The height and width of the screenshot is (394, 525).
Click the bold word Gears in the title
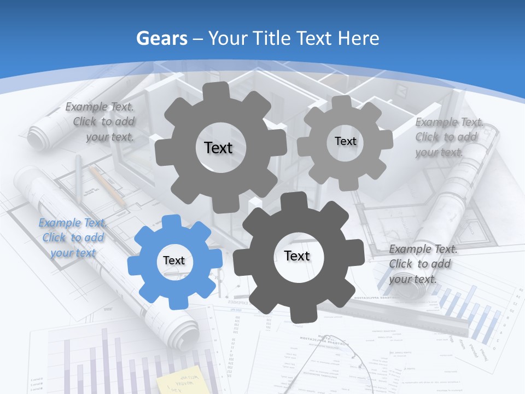pyautogui.click(x=162, y=38)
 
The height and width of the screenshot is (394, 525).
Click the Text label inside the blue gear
pyautogui.click(x=174, y=260)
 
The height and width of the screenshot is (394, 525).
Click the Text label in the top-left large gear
pyautogui.click(x=218, y=148)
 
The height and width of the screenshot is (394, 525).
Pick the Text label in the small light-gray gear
pyautogui.click(x=345, y=141)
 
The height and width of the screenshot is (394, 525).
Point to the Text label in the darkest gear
pyautogui.click(x=297, y=256)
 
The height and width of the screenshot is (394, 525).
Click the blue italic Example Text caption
pyautogui.click(x=73, y=237)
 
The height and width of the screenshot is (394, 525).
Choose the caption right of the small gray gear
pyautogui.click(x=448, y=137)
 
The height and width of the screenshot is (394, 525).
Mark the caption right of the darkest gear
pyautogui.click(x=422, y=264)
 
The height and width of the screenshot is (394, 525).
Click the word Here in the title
pyautogui.click(x=359, y=38)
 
